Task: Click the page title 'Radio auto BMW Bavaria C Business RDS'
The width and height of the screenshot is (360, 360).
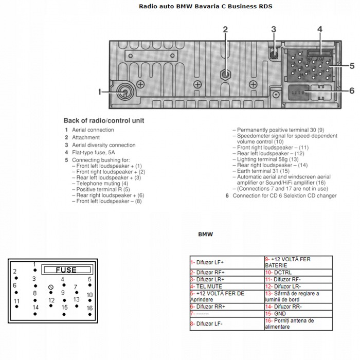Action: tap(206, 7)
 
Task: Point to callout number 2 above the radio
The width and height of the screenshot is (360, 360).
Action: tap(225, 29)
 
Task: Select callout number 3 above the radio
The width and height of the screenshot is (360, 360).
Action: tap(274, 29)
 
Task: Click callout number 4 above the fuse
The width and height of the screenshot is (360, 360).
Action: tap(319, 29)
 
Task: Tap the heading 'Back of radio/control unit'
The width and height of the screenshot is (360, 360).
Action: tap(104, 120)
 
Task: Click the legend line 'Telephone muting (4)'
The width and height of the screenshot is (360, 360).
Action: tap(102, 184)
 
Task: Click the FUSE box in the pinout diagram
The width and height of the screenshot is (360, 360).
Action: tap(66, 269)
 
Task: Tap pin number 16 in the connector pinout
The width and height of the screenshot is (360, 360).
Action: tap(89, 308)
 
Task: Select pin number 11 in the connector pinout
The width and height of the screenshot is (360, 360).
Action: tap(16, 301)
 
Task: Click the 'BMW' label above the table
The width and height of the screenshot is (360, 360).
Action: tap(206, 234)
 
